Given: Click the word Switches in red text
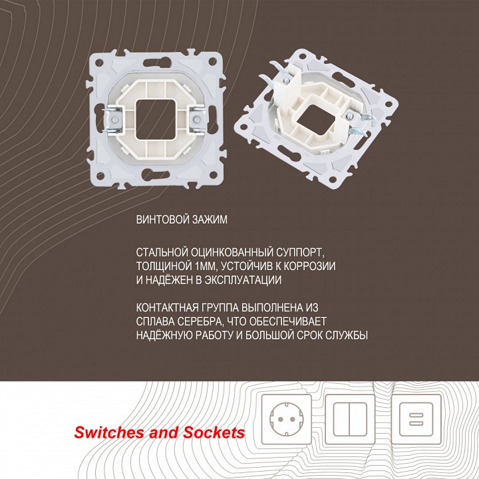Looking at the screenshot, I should [106, 432].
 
